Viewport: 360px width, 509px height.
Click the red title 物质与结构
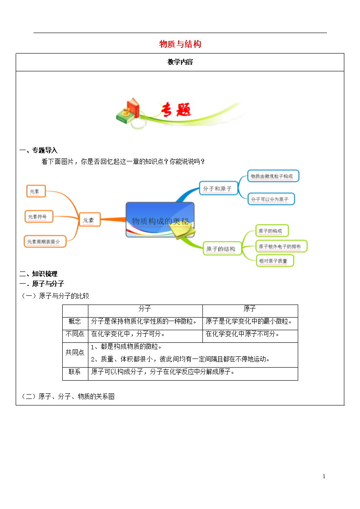tap(180, 44)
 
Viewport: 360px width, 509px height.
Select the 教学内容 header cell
tap(180, 62)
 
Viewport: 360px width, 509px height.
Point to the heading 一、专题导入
tap(38, 150)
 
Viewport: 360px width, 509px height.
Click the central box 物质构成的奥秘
tap(160, 220)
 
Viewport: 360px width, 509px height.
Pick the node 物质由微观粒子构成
tap(273, 176)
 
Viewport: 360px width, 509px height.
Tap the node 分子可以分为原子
tap(271, 199)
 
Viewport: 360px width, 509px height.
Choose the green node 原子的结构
tap(222, 249)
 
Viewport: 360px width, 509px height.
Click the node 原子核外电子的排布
tap(281, 246)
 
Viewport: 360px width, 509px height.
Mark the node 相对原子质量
tap(275, 261)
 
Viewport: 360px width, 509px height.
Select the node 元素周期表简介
tap(45, 241)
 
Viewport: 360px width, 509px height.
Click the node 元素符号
tap(39, 217)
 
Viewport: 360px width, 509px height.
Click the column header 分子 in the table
tap(145, 309)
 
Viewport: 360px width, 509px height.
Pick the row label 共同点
tap(75, 352)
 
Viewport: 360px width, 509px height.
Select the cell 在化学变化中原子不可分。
tap(242, 334)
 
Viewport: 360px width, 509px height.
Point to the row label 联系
tap(75, 372)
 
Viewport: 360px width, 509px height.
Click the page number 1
tap(324, 476)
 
